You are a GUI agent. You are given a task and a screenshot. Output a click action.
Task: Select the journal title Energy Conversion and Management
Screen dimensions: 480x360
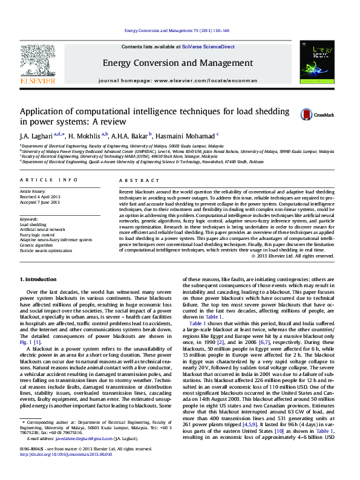click(x=177, y=63)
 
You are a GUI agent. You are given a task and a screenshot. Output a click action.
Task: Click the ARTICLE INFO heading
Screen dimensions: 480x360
click(x=48, y=180)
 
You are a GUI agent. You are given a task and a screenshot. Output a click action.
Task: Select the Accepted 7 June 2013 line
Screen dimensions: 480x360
click(x=40, y=201)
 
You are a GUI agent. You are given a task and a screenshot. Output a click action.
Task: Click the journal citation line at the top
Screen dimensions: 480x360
click(x=177, y=30)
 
